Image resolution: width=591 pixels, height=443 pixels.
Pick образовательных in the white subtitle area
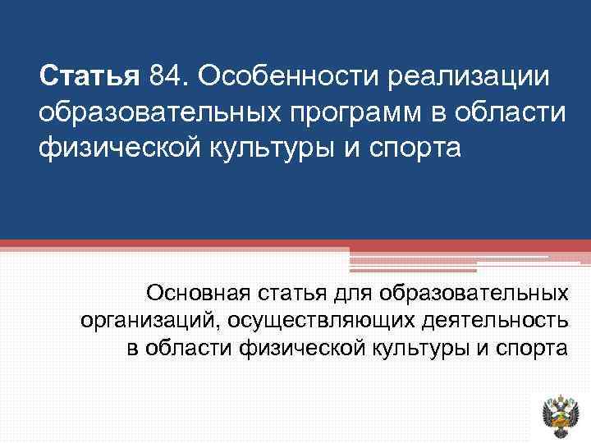coord(477,293)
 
